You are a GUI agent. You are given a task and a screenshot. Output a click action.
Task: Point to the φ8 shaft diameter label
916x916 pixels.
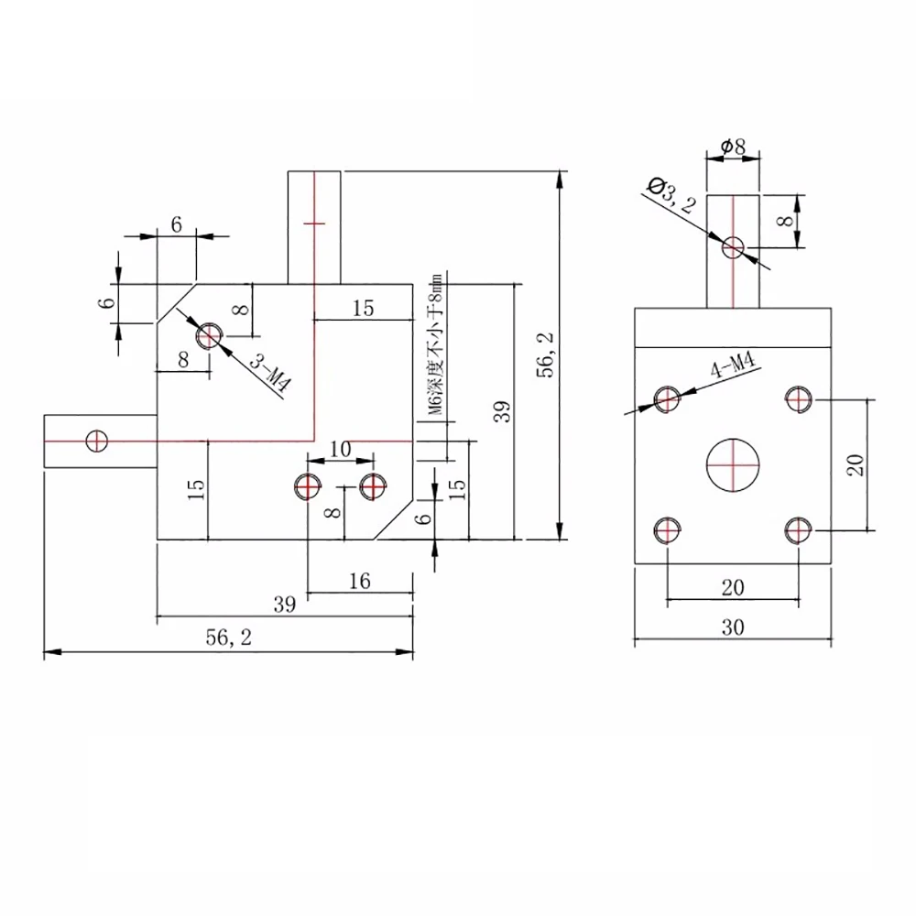[733, 146]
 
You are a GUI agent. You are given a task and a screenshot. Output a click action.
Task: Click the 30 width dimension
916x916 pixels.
[732, 627]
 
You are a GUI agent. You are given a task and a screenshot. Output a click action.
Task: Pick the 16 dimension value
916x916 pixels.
[360, 581]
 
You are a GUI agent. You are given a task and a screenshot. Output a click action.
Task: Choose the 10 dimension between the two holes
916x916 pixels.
[340, 449]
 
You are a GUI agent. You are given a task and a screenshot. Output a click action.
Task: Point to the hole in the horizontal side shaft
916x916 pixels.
[96, 441]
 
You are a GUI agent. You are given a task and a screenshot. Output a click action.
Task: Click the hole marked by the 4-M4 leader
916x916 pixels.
[667, 398]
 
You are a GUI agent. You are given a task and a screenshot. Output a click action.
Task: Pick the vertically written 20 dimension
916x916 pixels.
[856, 464]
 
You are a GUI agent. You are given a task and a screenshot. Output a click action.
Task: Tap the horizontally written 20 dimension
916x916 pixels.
[732, 588]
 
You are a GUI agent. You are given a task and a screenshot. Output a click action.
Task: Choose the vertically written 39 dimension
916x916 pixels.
[500, 411]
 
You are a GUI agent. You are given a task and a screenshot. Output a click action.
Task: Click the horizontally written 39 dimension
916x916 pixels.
[285, 604]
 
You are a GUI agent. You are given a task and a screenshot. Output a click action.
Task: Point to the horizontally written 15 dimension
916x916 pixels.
[363, 308]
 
